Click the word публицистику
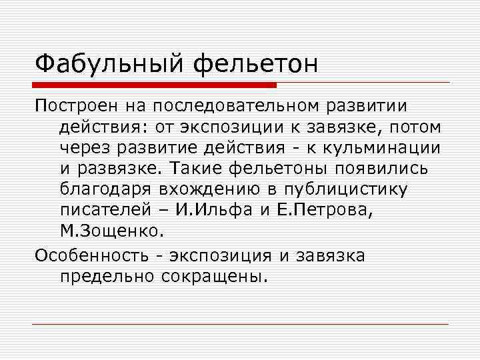click(x=353, y=190)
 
